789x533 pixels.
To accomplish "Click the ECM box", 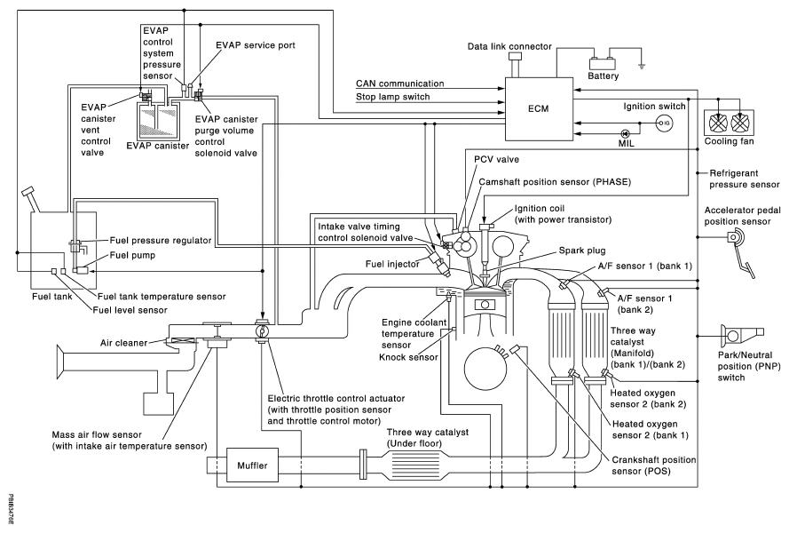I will tap(538, 108).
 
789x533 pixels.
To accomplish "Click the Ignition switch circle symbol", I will tap(662, 122).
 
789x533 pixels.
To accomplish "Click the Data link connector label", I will tap(514, 44).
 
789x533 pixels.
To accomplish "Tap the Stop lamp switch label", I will tap(388, 97).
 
